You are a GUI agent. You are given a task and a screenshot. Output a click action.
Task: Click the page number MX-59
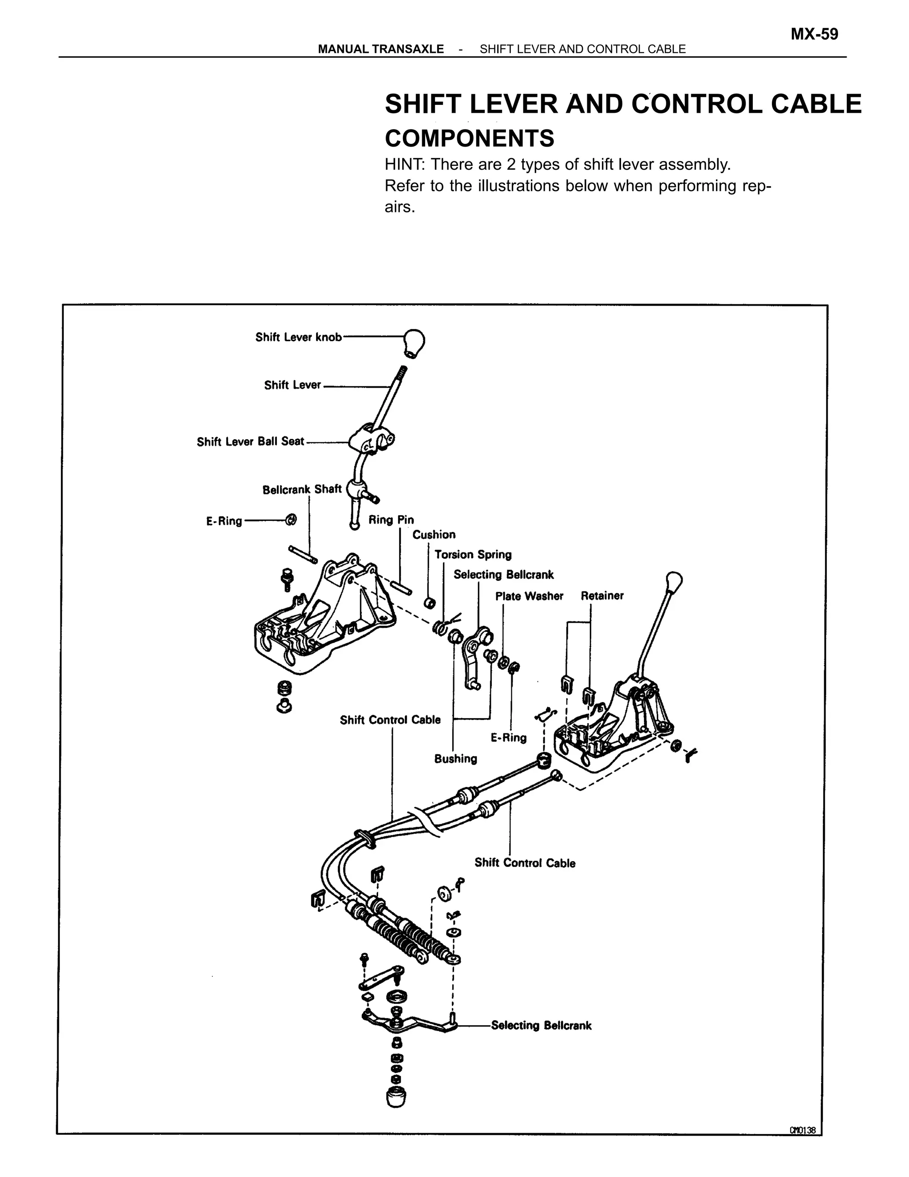pyautogui.click(x=814, y=35)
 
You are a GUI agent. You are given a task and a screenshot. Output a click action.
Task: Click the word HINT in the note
pyautogui.click(x=404, y=164)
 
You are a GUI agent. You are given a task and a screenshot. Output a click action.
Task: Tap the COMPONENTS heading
pyautogui.click(x=469, y=139)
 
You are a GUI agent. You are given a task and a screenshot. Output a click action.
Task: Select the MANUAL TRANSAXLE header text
pyautogui.click(x=381, y=49)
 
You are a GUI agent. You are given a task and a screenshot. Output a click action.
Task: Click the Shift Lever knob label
pyautogui.click(x=298, y=338)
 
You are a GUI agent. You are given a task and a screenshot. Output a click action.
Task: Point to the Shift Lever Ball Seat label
pyautogui.click(x=250, y=441)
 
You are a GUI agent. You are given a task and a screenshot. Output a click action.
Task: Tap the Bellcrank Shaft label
pyautogui.click(x=301, y=489)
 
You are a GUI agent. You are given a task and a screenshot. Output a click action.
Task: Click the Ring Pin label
pyautogui.click(x=391, y=520)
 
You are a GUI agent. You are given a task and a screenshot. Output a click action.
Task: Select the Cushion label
pyautogui.click(x=434, y=535)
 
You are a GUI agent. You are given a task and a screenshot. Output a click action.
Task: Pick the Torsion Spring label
pyautogui.click(x=473, y=555)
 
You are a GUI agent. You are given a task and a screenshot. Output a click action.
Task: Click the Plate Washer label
pyautogui.click(x=529, y=596)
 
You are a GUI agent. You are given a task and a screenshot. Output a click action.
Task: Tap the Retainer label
pyautogui.click(x=602, y=596)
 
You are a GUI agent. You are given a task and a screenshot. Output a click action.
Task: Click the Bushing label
pyautogui.click(x=455, y=759)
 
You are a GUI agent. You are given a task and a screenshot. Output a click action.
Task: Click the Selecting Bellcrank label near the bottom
pyautogui.click(x=541, y=1026)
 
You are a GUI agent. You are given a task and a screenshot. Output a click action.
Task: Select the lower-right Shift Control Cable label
pyautogui.click(x=525, y=863)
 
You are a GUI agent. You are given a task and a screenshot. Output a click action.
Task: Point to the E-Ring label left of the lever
pyautogui.click(x=224, y=521)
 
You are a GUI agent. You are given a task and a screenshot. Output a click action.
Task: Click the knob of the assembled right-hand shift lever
pyautogui.click(x=674, y=581)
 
